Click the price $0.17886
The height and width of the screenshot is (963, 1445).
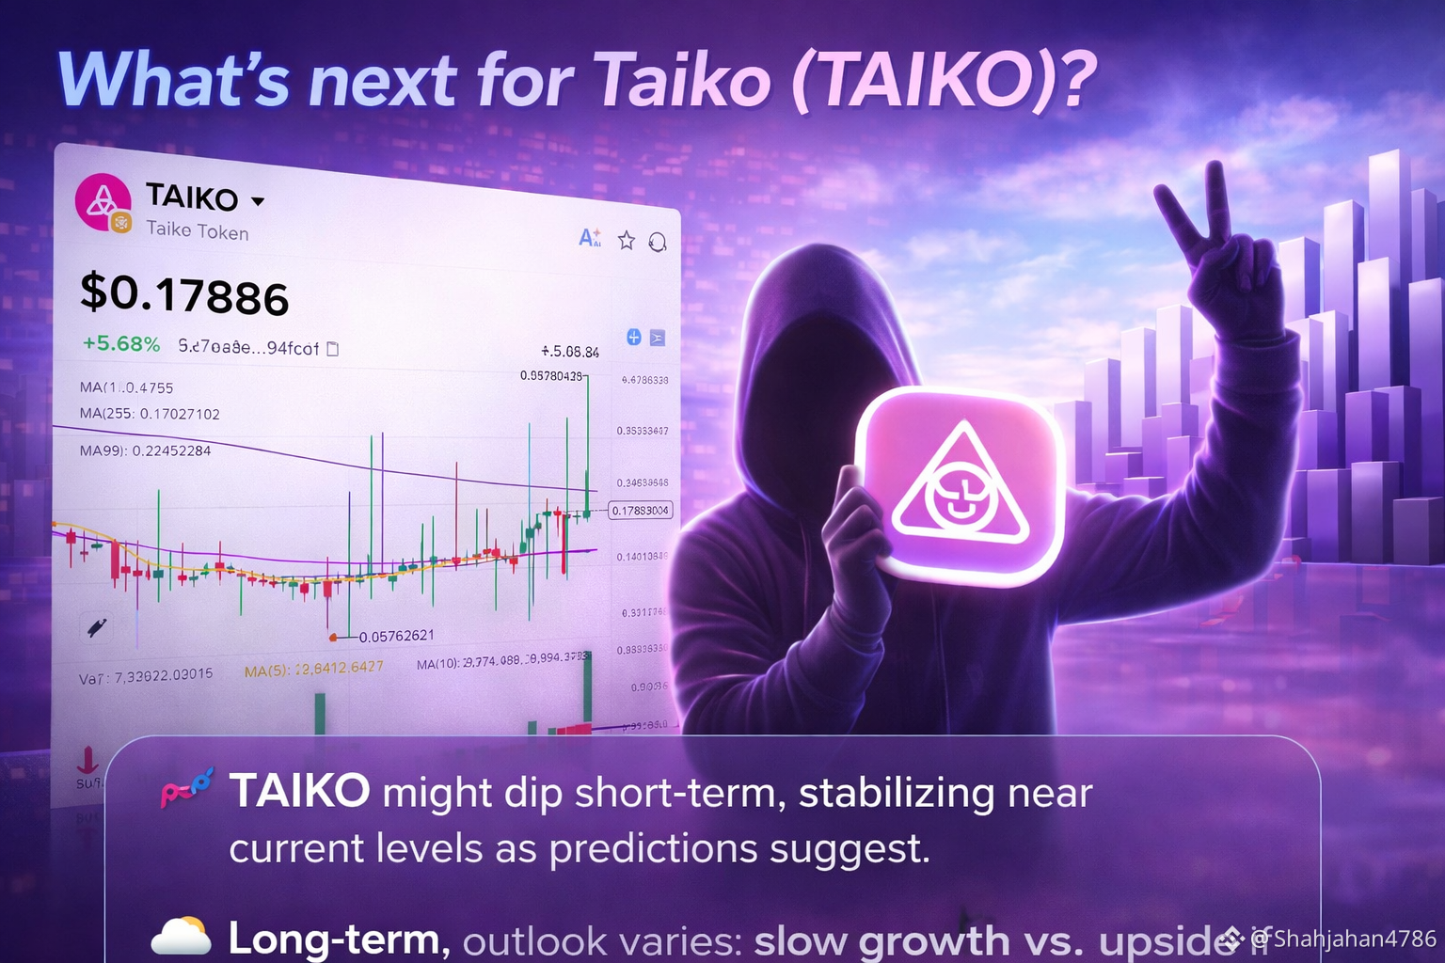coord(184,294)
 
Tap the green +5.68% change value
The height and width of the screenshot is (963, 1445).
coord(121,344)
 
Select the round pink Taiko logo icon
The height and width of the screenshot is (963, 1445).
coord(102,201)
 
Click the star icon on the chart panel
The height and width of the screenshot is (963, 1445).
coord(627,241)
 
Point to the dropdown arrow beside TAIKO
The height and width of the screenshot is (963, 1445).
coord(258,200)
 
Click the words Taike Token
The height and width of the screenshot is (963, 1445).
coord(198,230)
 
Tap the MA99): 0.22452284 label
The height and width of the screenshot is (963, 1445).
coord(145,450)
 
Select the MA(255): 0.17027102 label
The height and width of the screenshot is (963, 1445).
coord(150,414)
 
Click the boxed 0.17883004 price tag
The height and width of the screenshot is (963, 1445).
coord(640,511)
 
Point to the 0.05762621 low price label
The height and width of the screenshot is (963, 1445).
coord(396,636)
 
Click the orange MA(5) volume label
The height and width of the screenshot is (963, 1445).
coord(313,669)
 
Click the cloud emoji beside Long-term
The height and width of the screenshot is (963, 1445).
coord(181,937)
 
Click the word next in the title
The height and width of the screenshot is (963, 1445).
coord(383,81)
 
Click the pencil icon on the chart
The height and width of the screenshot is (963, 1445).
coord(96,627)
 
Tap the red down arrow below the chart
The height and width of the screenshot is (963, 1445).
coord(87,758)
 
